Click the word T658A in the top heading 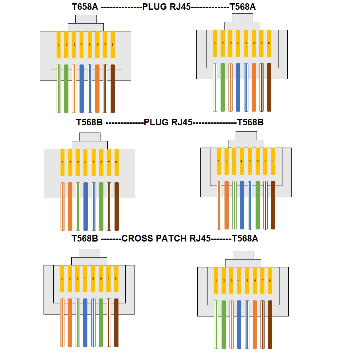(85, 7)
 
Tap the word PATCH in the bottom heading (171, 238)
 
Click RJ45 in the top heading (180, 7)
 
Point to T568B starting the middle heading (89, 122)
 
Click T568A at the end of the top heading (243, 7)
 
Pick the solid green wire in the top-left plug (66, 88)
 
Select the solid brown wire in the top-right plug (269, 87)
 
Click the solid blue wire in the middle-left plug (85, 206)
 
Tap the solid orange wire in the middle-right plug (226, 205)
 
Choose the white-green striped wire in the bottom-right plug (216, 324)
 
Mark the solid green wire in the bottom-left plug (101, 322)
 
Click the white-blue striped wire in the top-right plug (246, 87)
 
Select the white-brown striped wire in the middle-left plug (109, 206)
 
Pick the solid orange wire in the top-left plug (97, 88)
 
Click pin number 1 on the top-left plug (59, 45)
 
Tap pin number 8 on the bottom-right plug (270, 280)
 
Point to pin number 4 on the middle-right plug (242, 161)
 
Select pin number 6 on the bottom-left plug (101, 279)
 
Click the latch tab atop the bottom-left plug (89, 253)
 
